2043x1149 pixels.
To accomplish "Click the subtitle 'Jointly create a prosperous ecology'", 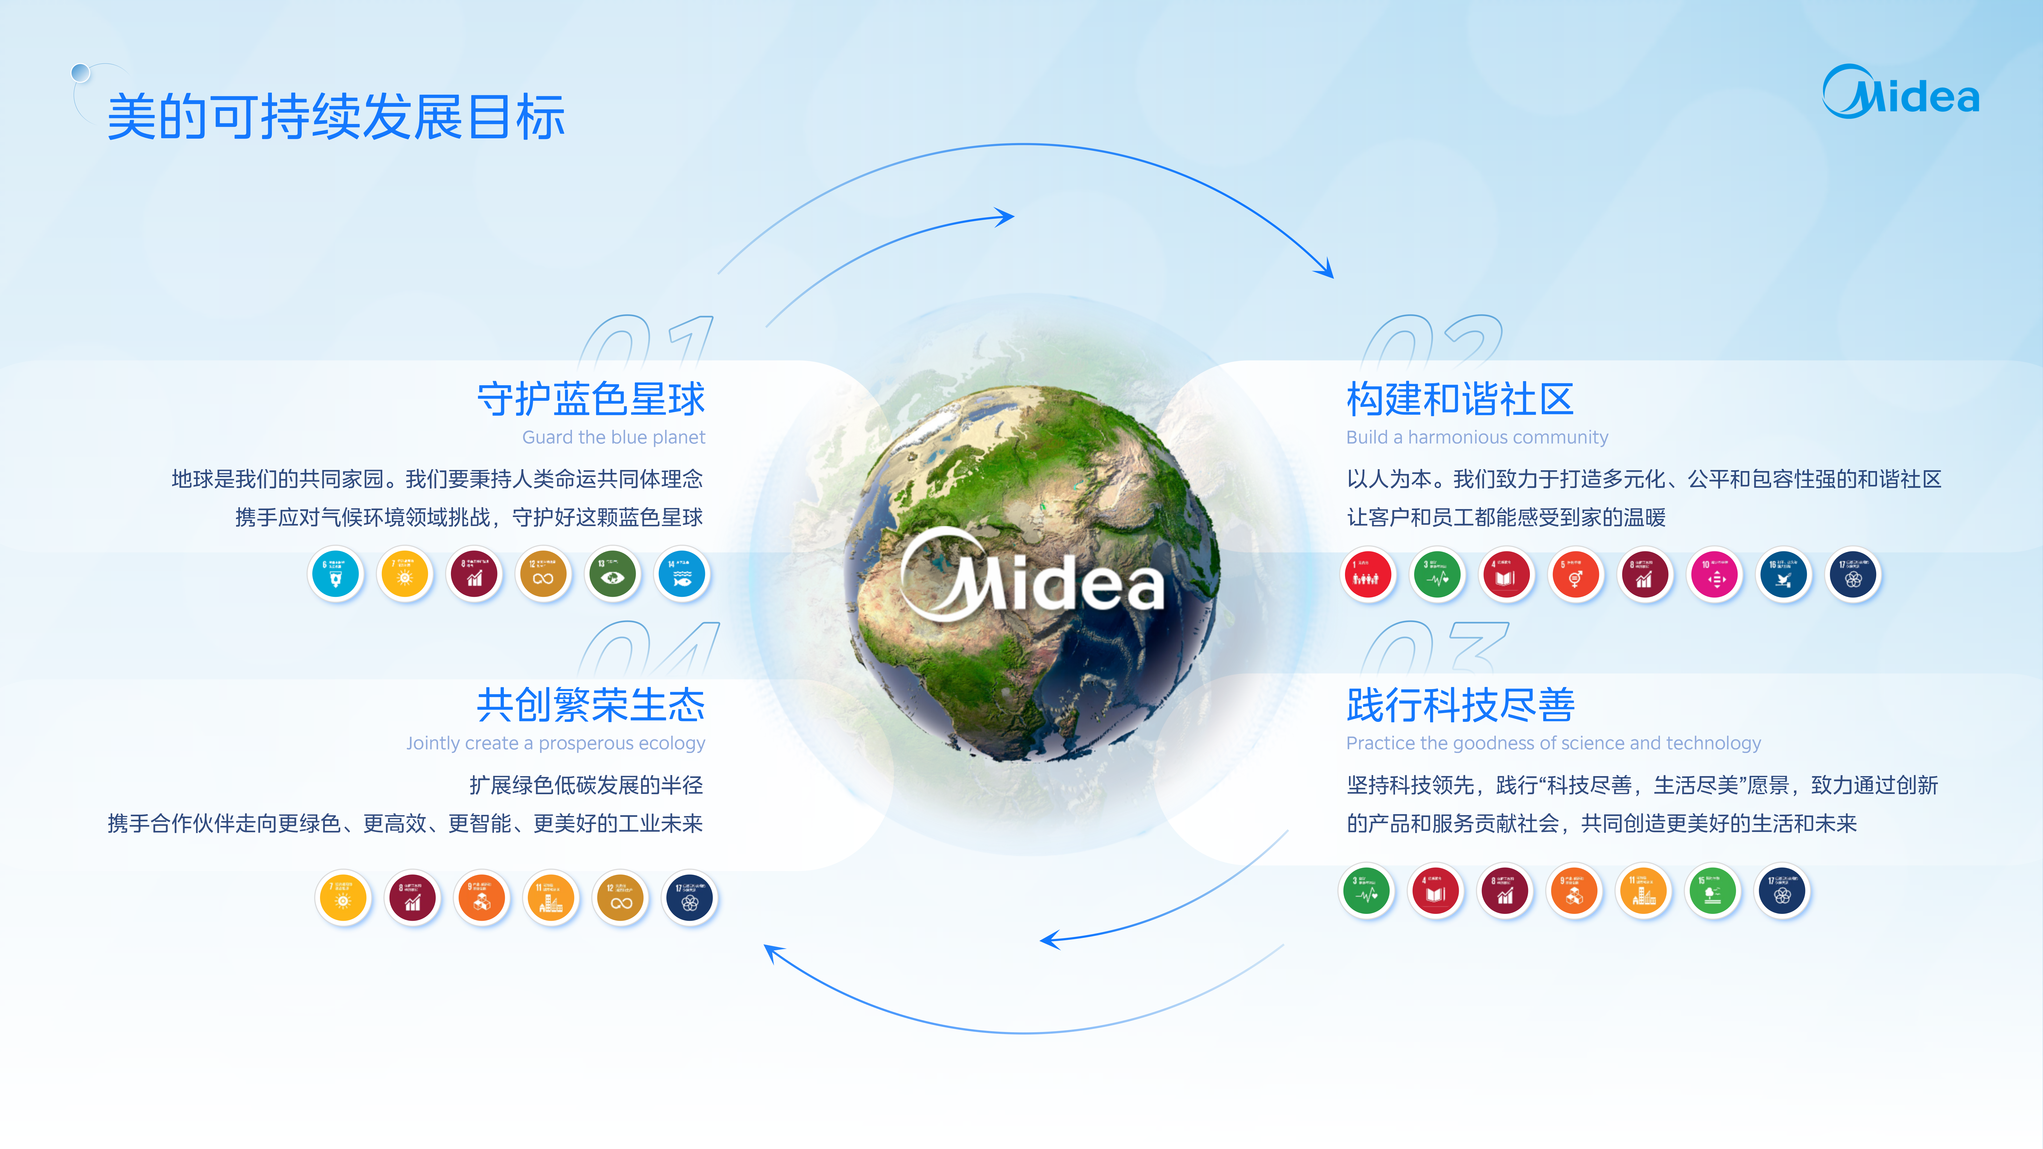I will coord(555,743).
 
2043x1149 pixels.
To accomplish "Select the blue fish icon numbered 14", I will coord(681,574).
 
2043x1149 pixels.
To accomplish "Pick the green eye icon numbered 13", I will coord(612,574).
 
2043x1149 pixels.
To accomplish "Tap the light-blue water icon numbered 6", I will coord(335,574).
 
